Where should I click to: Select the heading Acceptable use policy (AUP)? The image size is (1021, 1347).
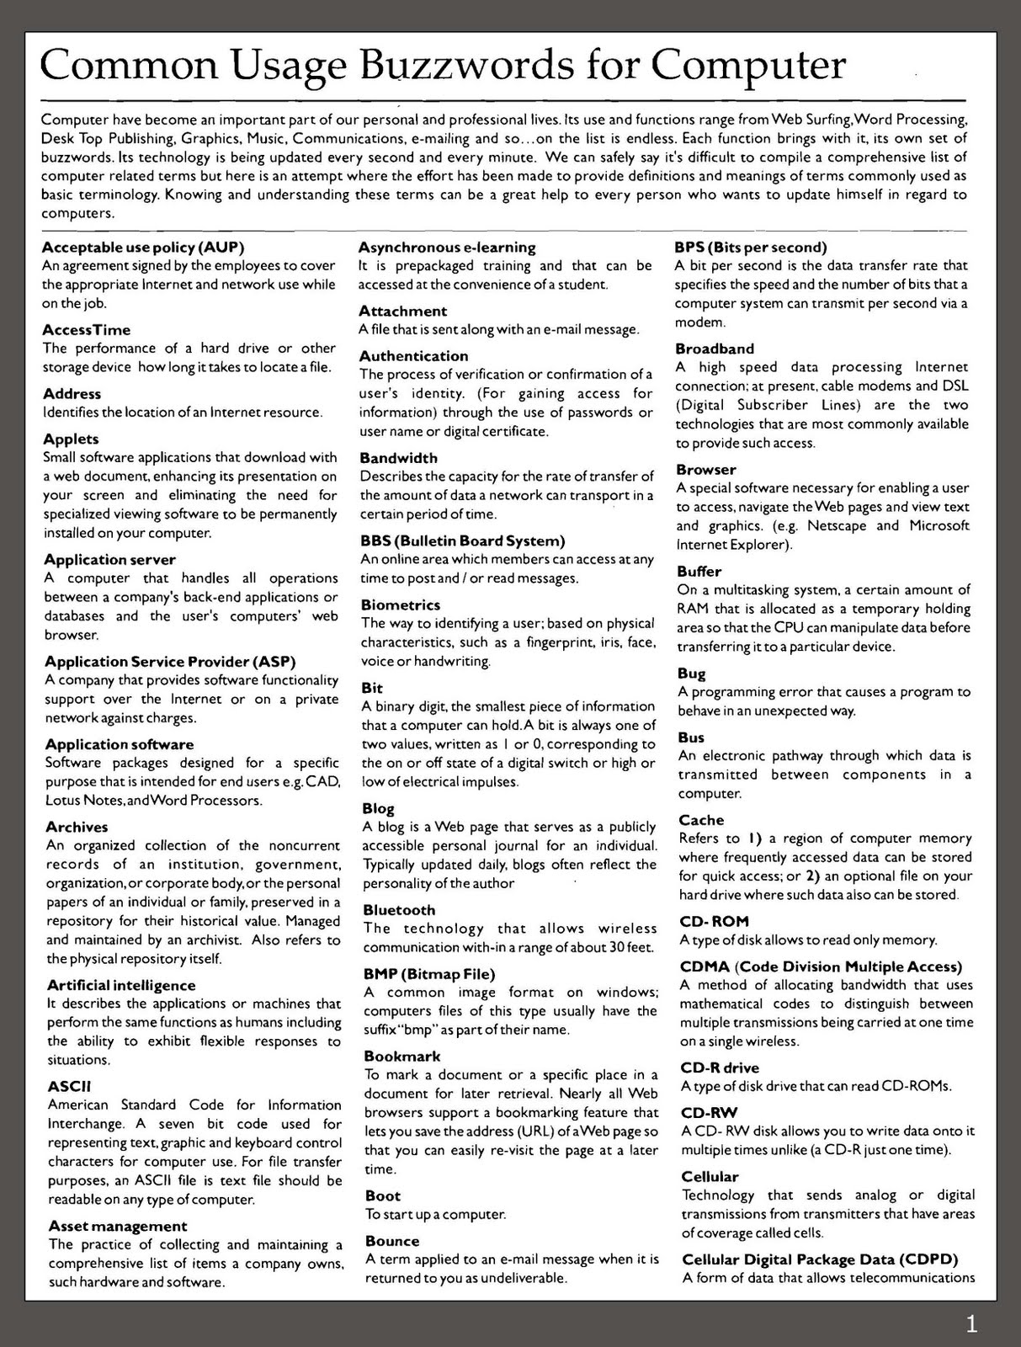tap(143, 248)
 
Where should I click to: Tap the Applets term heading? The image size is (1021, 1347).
tap(71, 439)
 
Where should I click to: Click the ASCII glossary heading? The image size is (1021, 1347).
tap(69, 1086)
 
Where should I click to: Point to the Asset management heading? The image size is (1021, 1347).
tap(118, 1226)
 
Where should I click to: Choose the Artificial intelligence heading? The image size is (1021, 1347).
tap(121, 985)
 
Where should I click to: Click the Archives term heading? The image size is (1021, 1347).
tap(77, 827)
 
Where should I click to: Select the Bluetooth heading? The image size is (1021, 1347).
tap(399, 910)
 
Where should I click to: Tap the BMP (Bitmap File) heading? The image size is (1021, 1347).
tap(429, 974)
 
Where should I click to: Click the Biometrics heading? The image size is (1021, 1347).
tap(401, 604)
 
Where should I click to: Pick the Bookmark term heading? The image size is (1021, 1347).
tap(402, 1056)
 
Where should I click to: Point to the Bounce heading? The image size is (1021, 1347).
tap(392, 1241)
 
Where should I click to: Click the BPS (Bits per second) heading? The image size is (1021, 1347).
tap(751, 248)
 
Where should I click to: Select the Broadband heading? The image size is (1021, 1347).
tap(715, 349)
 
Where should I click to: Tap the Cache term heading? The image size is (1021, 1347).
tap(701, 820)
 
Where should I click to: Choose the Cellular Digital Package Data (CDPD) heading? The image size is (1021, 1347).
tap(820, 1259)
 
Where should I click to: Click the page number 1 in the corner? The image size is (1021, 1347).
tap(971, 1325)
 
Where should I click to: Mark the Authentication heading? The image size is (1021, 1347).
tap(413, 356)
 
